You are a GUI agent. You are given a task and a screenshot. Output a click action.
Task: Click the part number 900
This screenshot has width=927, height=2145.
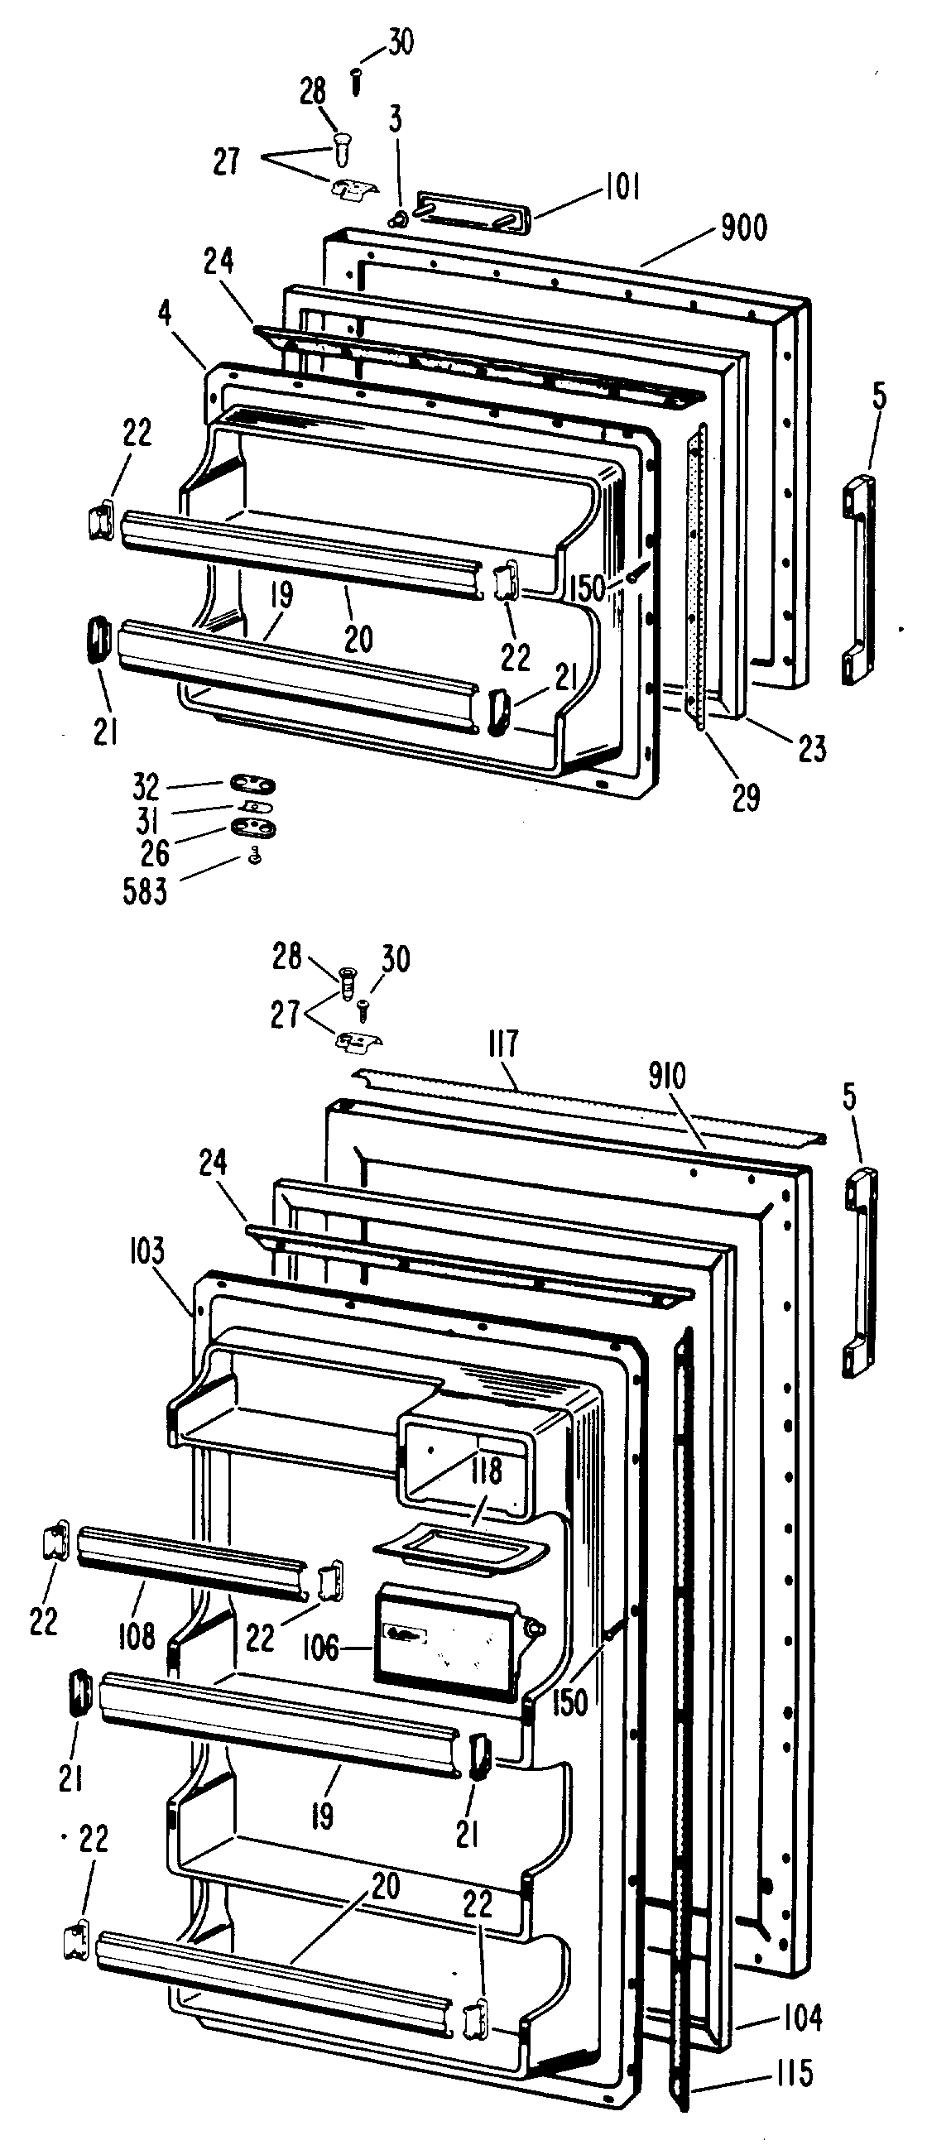[x=744, y=227]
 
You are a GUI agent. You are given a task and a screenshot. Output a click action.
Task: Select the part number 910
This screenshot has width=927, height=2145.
[x=667, y=1077]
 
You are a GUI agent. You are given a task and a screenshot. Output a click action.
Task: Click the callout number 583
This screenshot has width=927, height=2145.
[x=146, y=892]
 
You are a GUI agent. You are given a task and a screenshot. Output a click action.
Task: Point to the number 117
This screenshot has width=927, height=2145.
[x=504, y=1044]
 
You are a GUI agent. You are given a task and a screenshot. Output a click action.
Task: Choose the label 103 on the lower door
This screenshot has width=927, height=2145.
[x=147, y=1250]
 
